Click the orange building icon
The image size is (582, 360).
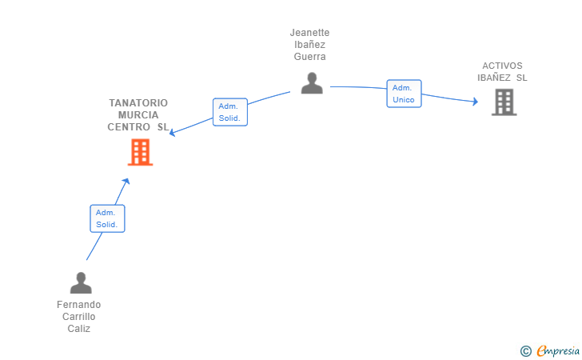[x=141, y=152]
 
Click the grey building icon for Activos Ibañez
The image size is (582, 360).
[x=504, y=102]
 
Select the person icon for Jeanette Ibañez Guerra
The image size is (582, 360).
[x=312, y=83]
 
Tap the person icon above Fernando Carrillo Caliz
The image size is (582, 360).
[x=81, y=282]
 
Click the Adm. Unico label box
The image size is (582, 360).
[x=404, y=94]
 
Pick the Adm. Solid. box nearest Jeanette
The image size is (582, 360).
[x=230, y=112]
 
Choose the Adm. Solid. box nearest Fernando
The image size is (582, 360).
[x=107, y=218]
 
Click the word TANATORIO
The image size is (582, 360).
[x=138, y=103]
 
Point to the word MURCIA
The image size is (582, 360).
[x=138, y=114]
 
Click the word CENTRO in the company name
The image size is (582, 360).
[x=129, y=127]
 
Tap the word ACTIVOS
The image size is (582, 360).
[x=502, y=66]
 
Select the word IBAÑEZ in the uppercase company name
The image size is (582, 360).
[x=494, y=78]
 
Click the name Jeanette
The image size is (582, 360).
[x=309, y=33]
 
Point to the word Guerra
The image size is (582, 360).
[x=309, y=57]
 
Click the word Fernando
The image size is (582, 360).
[x=78, y=305]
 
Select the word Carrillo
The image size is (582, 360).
[x=78, y=317]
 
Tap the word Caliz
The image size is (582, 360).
[x=78, y=329]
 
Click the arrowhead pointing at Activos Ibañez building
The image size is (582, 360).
[x=475, y=101]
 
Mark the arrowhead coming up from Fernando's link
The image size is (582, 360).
[x=126, y=182]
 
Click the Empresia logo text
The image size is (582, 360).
[x=558, y=350]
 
